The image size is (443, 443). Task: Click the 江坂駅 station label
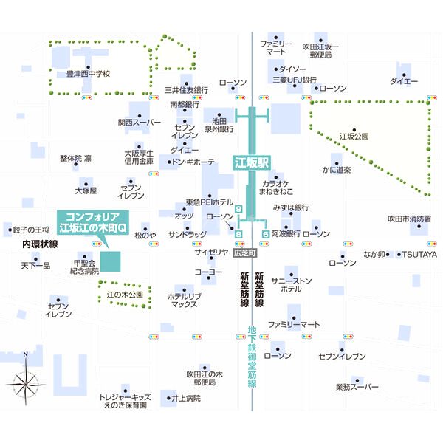pyautogui.click(x=252, y=162)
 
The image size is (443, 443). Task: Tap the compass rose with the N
pyautogui.click(x=26, y=380)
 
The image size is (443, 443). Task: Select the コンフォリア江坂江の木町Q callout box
pyautogui.click(x=93, y=222)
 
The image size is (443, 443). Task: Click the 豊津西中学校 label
pyautogui.click(x=88, y=74)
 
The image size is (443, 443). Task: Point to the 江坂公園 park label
pyautogui.click(x=354, y=137)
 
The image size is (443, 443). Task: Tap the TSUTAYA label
pyautogui.click(x=419, y=255)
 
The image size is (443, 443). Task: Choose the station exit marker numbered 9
pyautogui.click(x=239, y=210)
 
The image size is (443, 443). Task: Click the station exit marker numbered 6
pyautogui.click(x=265, y=234)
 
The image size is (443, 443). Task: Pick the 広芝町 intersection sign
pyautogui.click(x=245, y=253)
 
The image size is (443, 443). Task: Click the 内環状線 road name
pyautogui.click(x=40, y=244)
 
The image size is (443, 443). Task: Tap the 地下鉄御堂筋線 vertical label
pyautogui.click(x=252, y=357)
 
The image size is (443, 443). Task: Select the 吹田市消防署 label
pyautogui.click(x=409, y=219)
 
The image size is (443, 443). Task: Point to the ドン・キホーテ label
pyautogui.click(x=193, y=162)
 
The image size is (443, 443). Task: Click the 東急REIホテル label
pyautogui.click(x=210, y=202)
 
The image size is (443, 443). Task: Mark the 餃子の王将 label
pyautogui.click(x=31, y=230)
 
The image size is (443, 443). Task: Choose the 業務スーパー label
pyautogui.click(x=357, y=387)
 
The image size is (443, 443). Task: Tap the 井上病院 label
pyautogui.click(x=186, y=399)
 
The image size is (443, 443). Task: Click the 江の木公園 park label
pyautogui.click(x=125, y=295)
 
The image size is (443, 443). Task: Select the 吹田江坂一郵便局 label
pyautogui.click(x=320, y=50)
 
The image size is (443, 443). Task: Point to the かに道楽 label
pyautogui.click(x=337, y=170)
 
